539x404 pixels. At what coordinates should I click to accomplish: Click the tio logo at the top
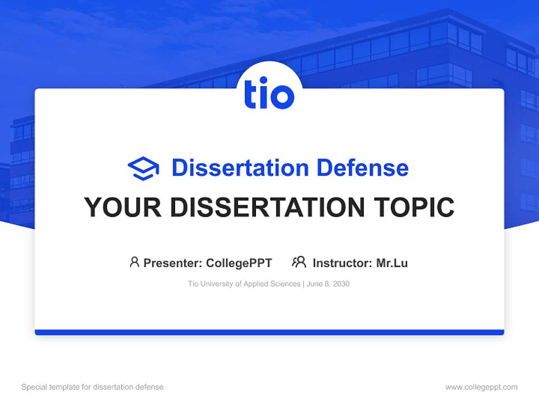tap(269, 95)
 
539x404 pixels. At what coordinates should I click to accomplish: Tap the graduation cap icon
tap(143, 168)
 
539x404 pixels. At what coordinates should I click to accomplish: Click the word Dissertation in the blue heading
tap(240, 168)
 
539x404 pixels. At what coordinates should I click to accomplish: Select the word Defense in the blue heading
tap(362, 168)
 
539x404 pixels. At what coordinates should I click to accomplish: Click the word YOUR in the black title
tap(122, 208)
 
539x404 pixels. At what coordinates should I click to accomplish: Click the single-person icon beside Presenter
tap(134, 262)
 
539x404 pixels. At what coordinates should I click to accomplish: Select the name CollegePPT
tap(239, 263)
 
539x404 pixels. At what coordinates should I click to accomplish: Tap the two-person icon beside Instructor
tap(299, 262)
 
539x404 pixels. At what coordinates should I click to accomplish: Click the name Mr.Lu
tap(392, 263)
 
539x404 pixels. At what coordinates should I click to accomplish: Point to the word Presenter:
tap(173, 263)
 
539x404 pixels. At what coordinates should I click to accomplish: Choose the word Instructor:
tap(342, 263)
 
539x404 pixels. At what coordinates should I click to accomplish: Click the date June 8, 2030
tap(328, 284)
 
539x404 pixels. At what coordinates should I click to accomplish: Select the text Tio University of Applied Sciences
tap(244, 284)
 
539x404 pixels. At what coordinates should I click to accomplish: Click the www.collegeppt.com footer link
tap(481, 387)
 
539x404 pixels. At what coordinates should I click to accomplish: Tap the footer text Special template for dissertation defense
tap(92, 387)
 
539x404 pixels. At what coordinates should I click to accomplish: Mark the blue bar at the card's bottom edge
tap(269, 332)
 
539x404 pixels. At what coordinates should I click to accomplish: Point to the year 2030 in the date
tap(341, 284)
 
